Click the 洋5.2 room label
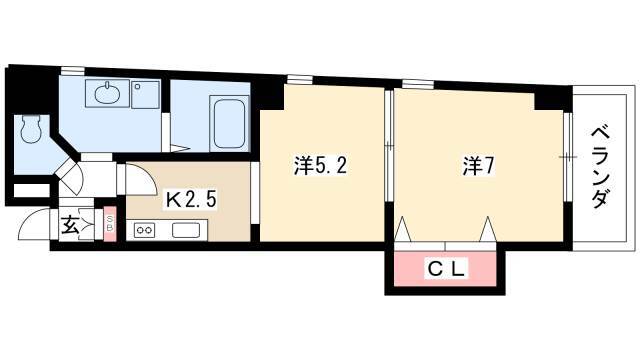(x=320, y=165)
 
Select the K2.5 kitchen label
(x=190, y=200)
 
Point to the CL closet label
(x=446, y=269)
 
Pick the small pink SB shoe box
(x=110, y=224)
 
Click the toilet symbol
(x=31, y=129)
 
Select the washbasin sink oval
(x=108, y=93)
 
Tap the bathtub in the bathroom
(x=229, y=122)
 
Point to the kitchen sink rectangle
(x=186, y=230)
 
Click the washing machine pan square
(x=145, y=94)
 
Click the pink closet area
(x=445, y=269)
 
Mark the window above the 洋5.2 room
(x=300, y=79)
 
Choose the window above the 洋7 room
(x=418, y=84)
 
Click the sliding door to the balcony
(x=568, y=157)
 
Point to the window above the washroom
(x=73, y=70)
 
